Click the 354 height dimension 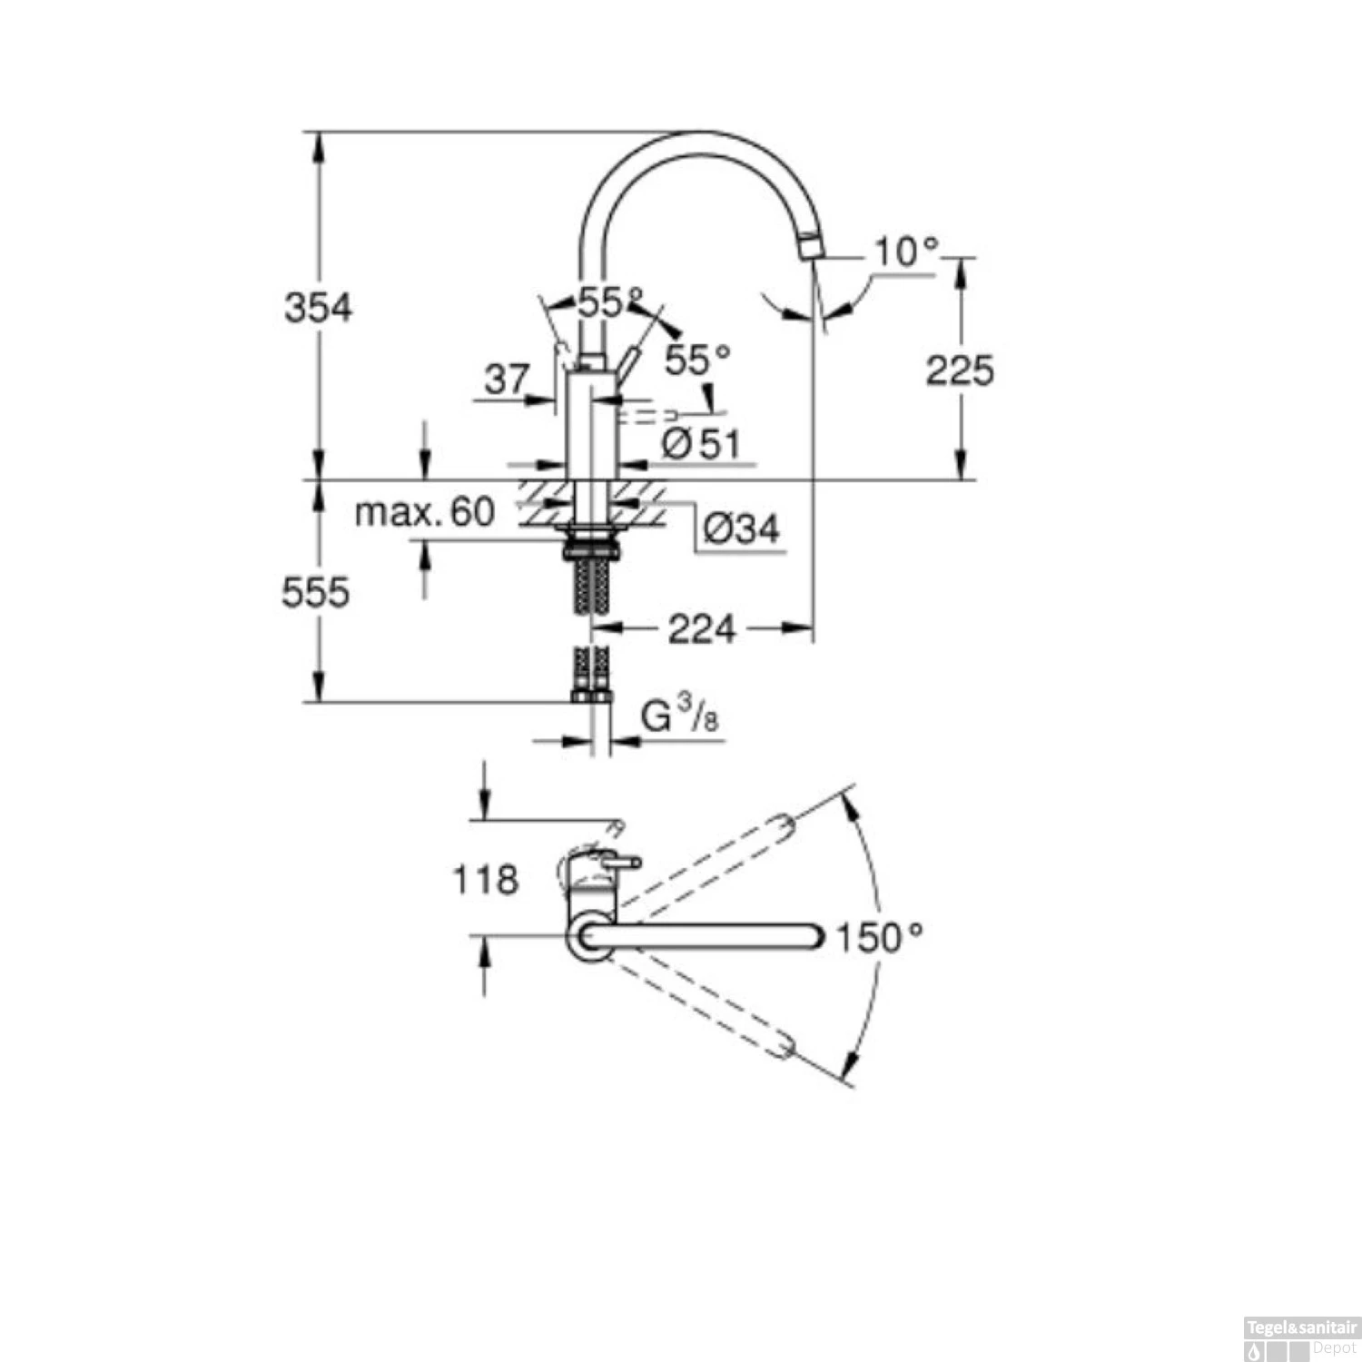click(x=318, y=308)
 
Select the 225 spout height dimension click(x=959, y=370)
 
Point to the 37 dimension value click(x=506, y=379)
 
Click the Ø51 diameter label click(x=701, y=444)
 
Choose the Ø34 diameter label click(x=741, y=528)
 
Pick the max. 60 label click(x=424, y=512)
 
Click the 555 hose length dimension click(x=315, y=593)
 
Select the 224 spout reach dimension click(x=701, y=628)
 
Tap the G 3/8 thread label click(x=679, y=716)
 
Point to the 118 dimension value click(x=485, y=879)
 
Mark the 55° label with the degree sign click(x=696, y=360)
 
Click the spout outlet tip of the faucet click(x=811, y=246)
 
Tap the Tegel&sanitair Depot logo click(x=1301, y=1340)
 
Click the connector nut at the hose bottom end click(x=591, y=696)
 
